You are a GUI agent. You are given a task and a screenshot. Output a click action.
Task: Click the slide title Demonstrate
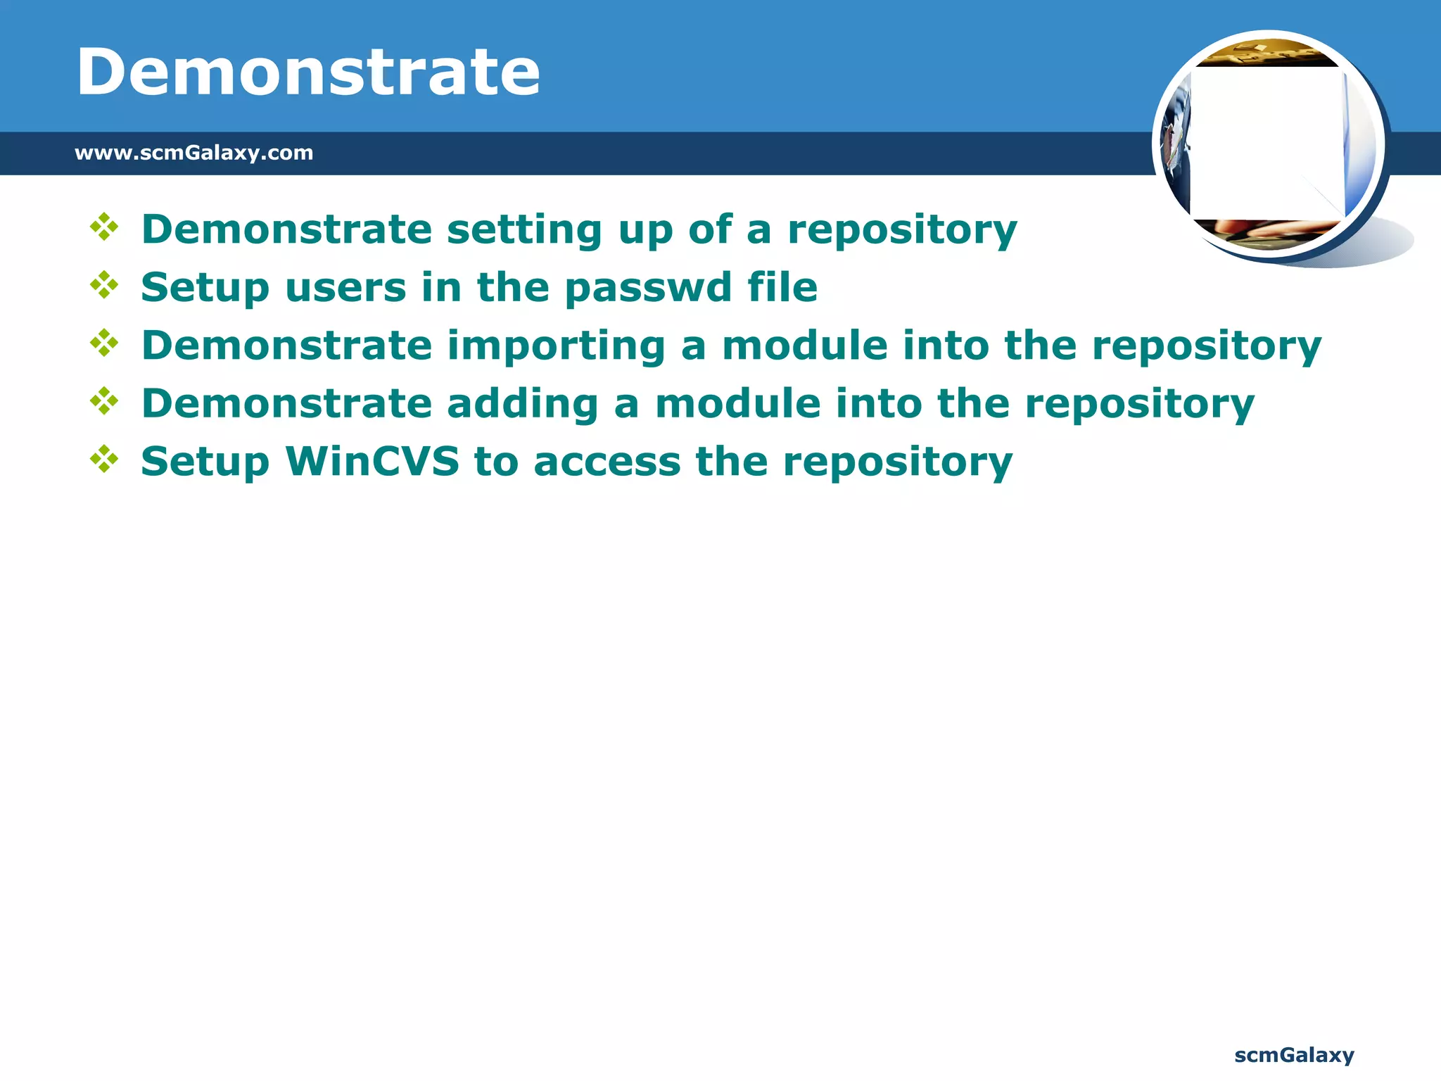pos(308,72)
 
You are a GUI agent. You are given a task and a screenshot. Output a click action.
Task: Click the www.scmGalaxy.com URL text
pos(193,153)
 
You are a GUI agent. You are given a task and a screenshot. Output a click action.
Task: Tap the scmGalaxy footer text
pos(1294,1055)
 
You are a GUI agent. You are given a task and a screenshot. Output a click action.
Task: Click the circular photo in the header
pos(1268,144)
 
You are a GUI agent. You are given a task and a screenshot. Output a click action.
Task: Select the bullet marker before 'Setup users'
pos(104,285)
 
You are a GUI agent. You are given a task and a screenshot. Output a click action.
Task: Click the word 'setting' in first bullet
pos(524,230)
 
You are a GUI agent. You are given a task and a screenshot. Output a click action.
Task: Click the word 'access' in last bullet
pos(607,462)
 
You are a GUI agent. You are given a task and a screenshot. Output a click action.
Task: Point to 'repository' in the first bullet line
pos(902,230)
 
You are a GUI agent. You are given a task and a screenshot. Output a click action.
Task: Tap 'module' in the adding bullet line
pos(737,404)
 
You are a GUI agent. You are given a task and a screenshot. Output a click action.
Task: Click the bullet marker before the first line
pos(104,227)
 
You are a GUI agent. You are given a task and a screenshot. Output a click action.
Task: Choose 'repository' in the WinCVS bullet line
pos(897,462)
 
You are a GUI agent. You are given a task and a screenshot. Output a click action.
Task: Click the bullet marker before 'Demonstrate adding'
pos(104,401)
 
